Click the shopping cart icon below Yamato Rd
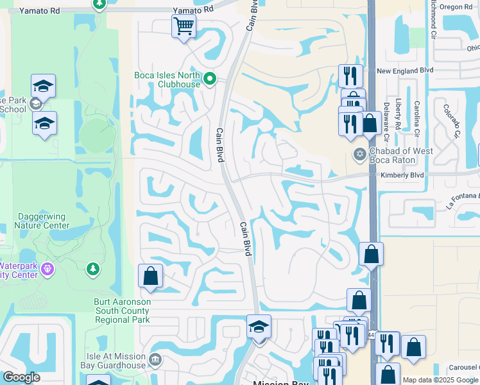184,27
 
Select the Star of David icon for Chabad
360,154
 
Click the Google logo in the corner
21,377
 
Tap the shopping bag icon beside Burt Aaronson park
150,277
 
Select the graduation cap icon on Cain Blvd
259,327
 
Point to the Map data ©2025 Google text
440,380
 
